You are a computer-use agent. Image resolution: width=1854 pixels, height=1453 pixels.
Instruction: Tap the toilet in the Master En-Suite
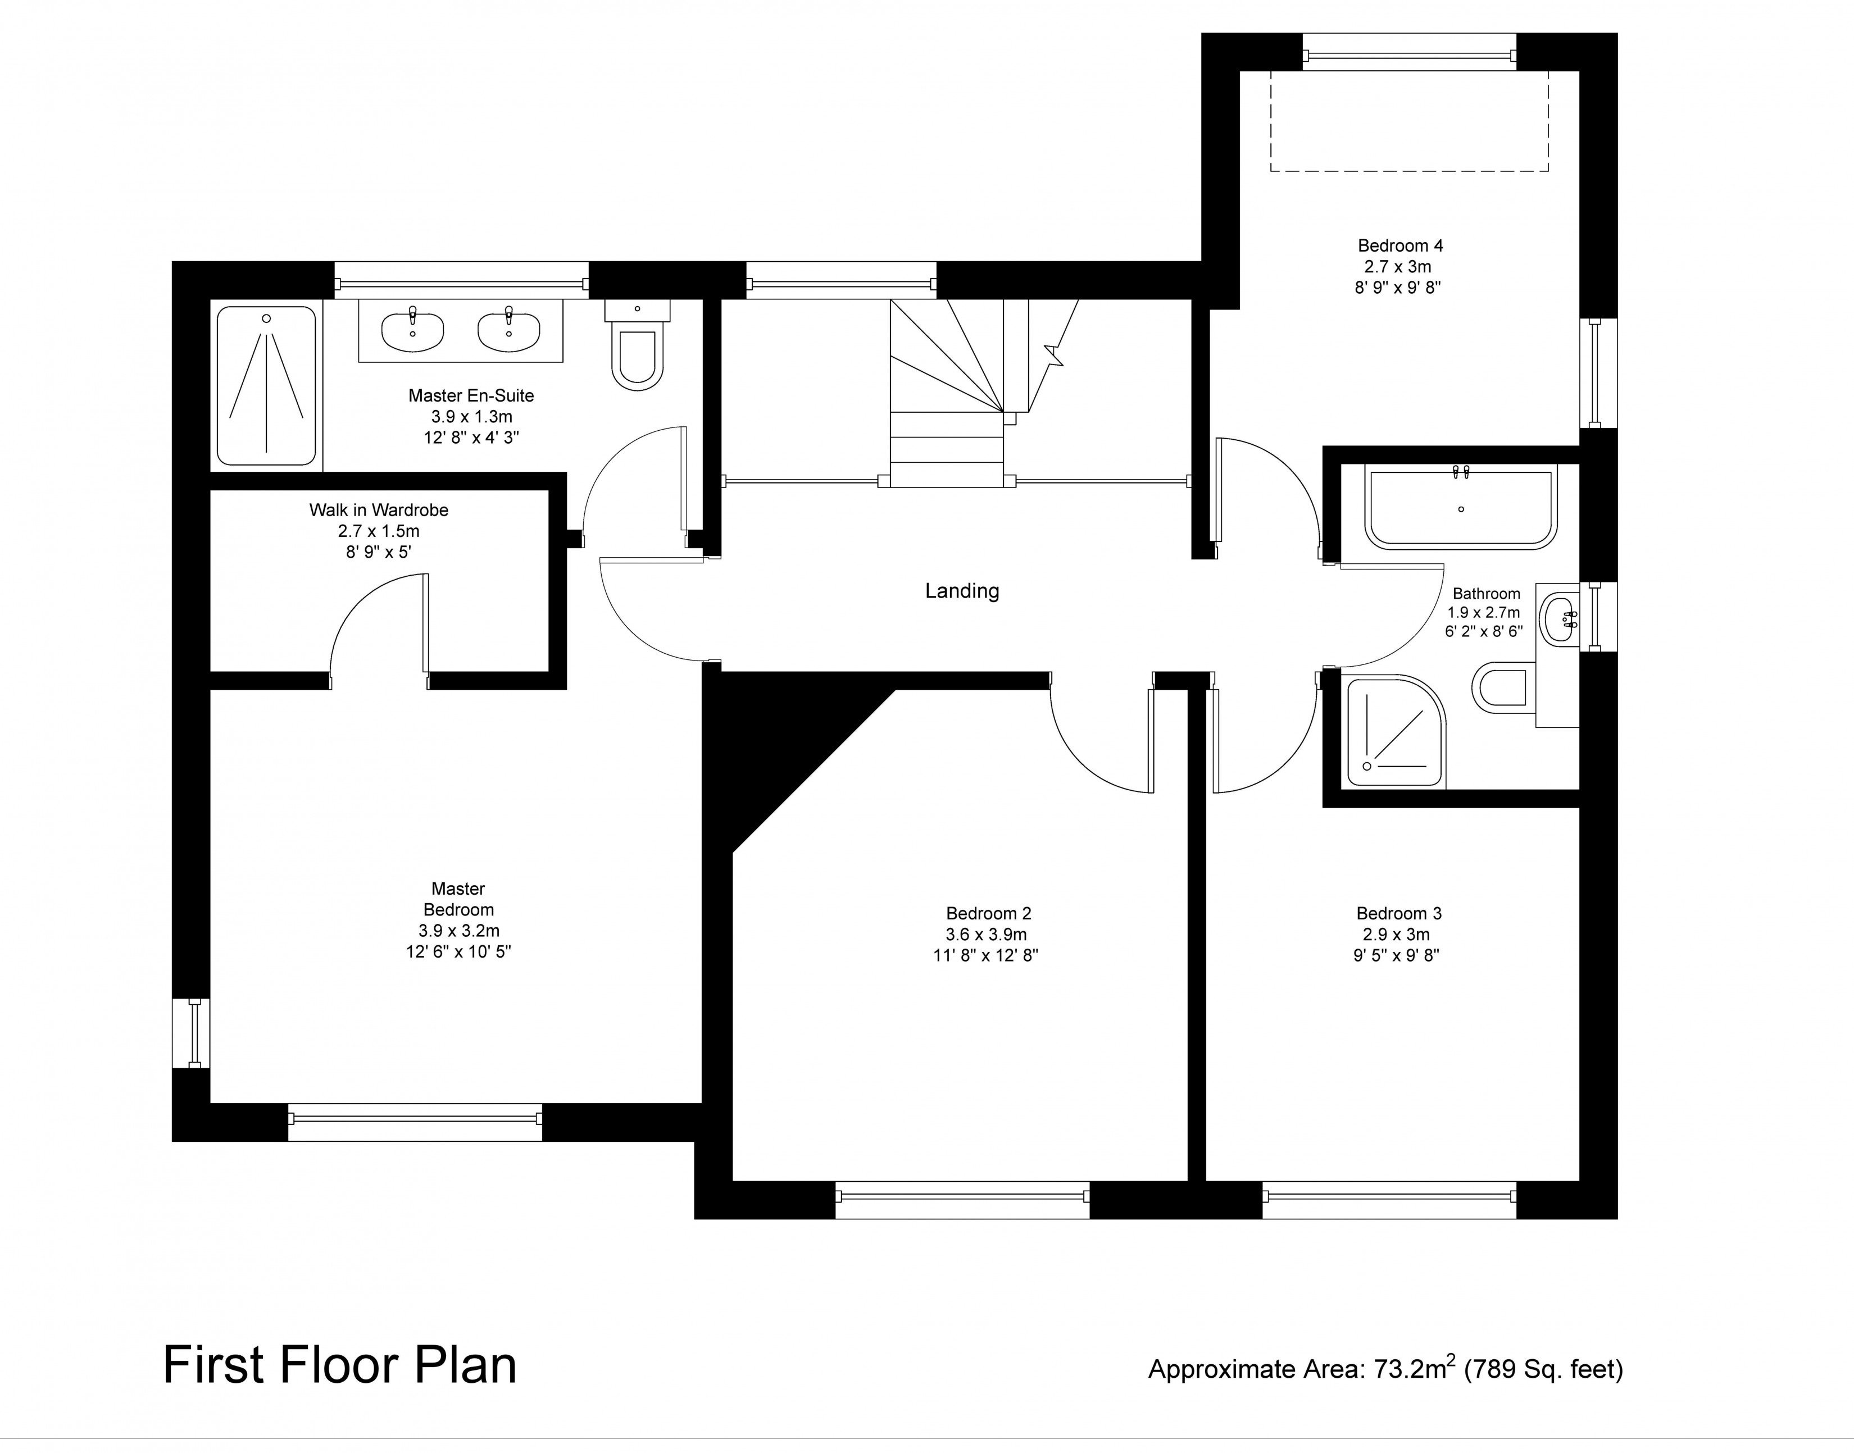pos(637,344)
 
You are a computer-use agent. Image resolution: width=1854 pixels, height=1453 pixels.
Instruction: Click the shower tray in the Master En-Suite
pos(266,385)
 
